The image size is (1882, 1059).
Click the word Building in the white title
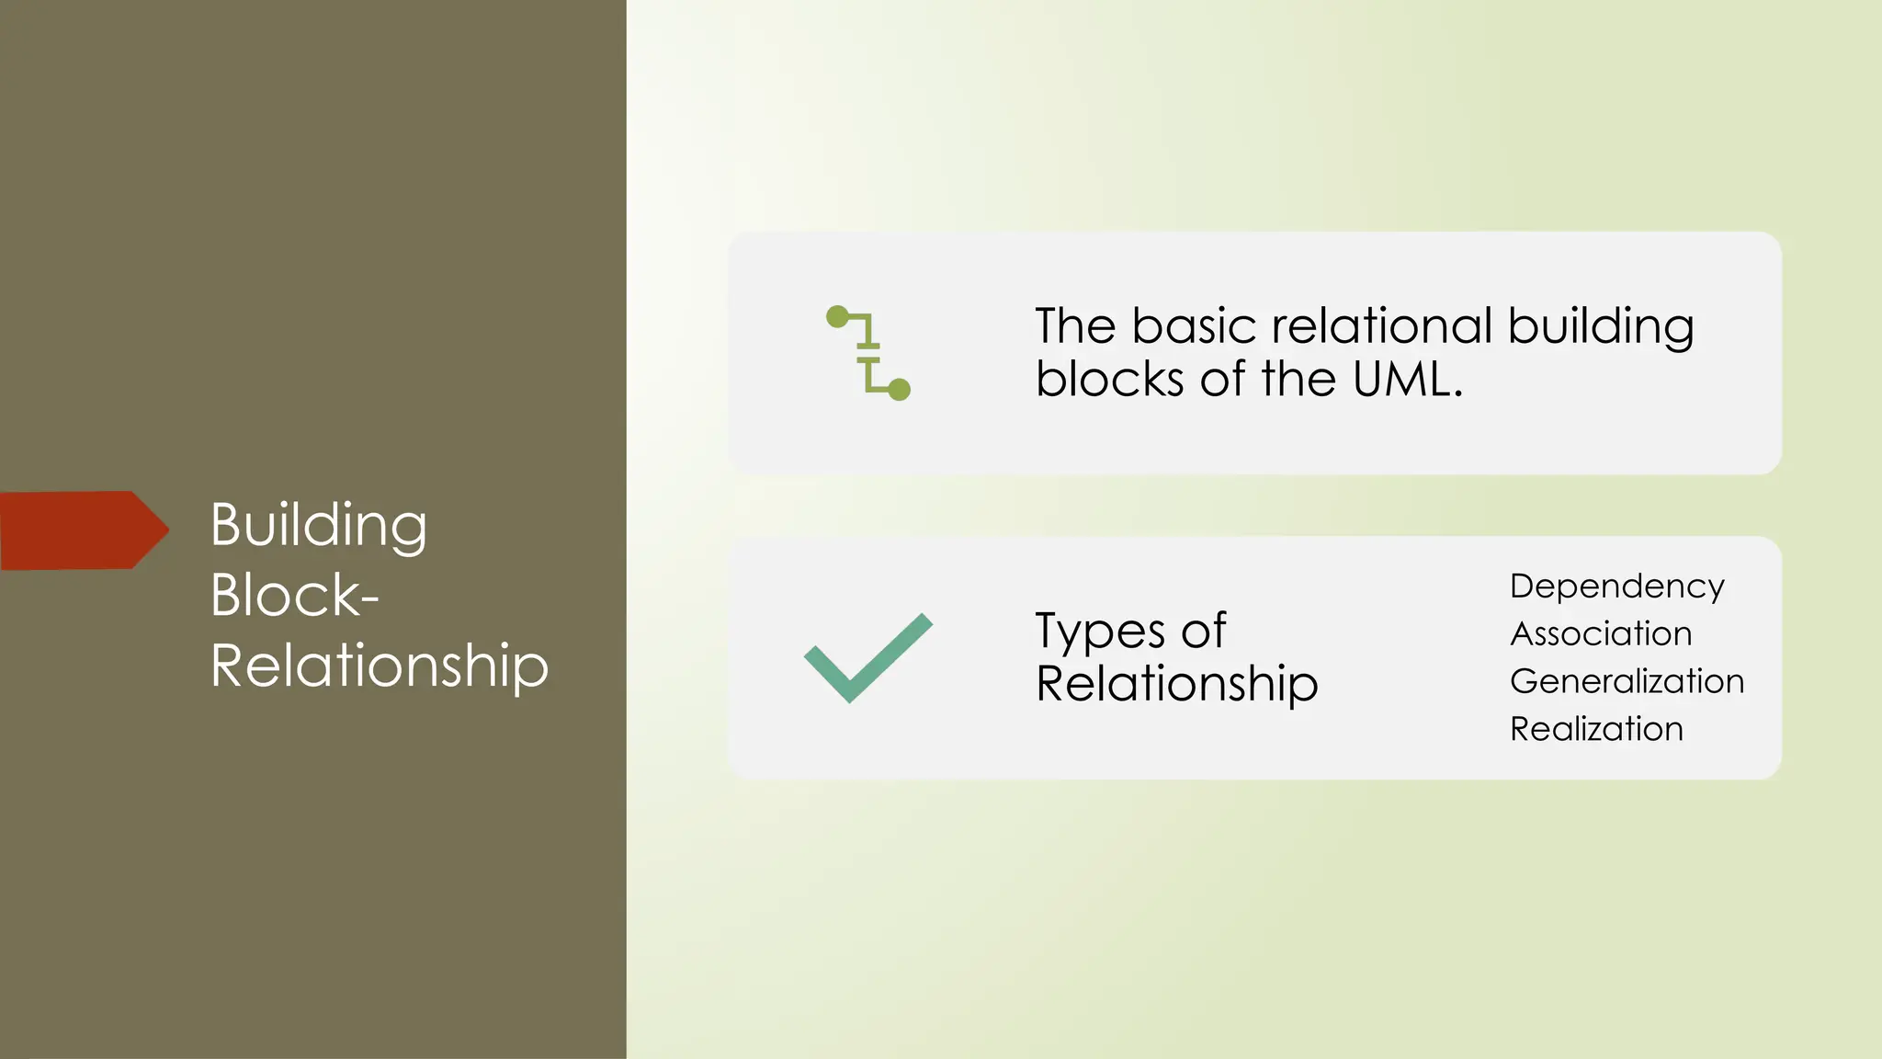[318, 526]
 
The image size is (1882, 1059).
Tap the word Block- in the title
[294, 595]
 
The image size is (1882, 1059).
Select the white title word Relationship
[379, 666]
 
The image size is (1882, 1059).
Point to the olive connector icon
[868, 353]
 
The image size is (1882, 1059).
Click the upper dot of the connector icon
[837, 317]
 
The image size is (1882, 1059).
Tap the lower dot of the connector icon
[900, 390]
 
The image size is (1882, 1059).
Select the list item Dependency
[1616, 586]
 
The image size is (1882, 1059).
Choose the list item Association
[1601, 634]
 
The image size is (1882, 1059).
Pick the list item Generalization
[1627, 681]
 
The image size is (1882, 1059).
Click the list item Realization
[1596, 729]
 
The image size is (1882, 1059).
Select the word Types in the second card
[1100, 632]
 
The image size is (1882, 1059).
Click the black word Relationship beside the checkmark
[1176, 685]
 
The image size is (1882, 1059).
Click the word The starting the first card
[1075, 326]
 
